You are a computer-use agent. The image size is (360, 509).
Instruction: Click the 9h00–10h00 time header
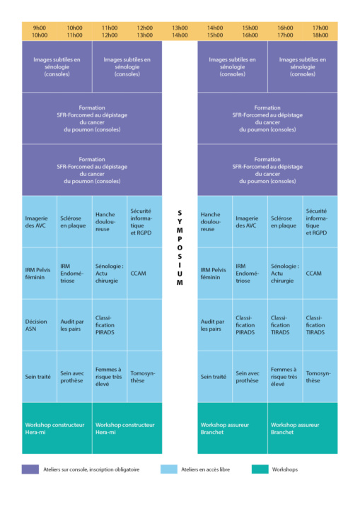pyautogui.click(x=40, y=32)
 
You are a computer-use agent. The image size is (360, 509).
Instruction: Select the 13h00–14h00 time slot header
pyautogui.click(x=180, y=32)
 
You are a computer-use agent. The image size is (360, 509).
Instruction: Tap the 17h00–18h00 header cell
pyautogui.click(x=320, y=32)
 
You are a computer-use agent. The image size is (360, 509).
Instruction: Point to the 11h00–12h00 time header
pyautogui.click(x=110, y=32)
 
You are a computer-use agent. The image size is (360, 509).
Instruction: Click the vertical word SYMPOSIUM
pyautogui.click(x=180, y=247)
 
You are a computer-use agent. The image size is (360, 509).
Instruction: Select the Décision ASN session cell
pyautogui.click(x=40, y=325)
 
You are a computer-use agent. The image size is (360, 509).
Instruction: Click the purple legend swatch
pyautogui.click(x=30, y=469)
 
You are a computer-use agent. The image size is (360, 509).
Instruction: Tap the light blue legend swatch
pyautogui.click(x=169, y=469)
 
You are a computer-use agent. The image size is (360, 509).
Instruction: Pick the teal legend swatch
pyautogui.click(x=260, y=469)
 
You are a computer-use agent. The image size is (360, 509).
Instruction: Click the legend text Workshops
pyautogui.click(x=285, y=469)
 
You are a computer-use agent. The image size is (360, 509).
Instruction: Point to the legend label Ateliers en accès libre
pyautogui.click(x=205, y=469)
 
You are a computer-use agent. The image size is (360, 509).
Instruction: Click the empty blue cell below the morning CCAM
pyautogui.click(x=144, y=325)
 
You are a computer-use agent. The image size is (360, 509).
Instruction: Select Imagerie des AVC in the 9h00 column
pyautogui.click(x=40, y=222)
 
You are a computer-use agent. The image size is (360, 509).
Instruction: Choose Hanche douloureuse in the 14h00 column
pyautogui.click(x=215, y=222)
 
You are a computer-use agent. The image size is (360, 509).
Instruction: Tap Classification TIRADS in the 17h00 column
pyautogui.click(x=320, y=325)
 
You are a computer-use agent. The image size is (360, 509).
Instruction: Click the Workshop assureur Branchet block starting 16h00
pyautogui.click(x=303, y=428)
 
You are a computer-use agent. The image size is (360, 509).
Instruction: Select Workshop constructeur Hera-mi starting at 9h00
pyautogui.click(x=57, y=428)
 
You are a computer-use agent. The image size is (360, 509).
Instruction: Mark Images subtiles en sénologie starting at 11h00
pyautogui.click(x=127, y=66)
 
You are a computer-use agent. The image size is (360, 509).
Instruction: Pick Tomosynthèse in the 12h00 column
pyautogui.click(x=144, y=377)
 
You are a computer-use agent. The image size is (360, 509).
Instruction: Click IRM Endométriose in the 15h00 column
pyautogui.click(x=250, y=274)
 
